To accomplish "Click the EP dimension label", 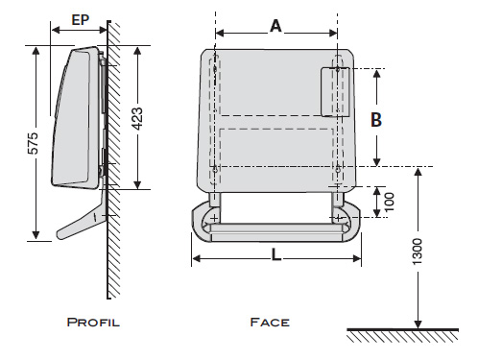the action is (80, 20).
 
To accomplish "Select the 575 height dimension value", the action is (33, 143).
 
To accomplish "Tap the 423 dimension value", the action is (137, 119).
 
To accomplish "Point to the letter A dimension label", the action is (275, 26).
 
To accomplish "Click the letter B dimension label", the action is (376, 120).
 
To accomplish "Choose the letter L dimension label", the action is (275, 255).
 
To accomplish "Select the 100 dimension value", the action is (389, 202).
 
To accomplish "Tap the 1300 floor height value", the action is (417, 252).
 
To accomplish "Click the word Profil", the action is (93, 322).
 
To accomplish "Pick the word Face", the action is (270, 322).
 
